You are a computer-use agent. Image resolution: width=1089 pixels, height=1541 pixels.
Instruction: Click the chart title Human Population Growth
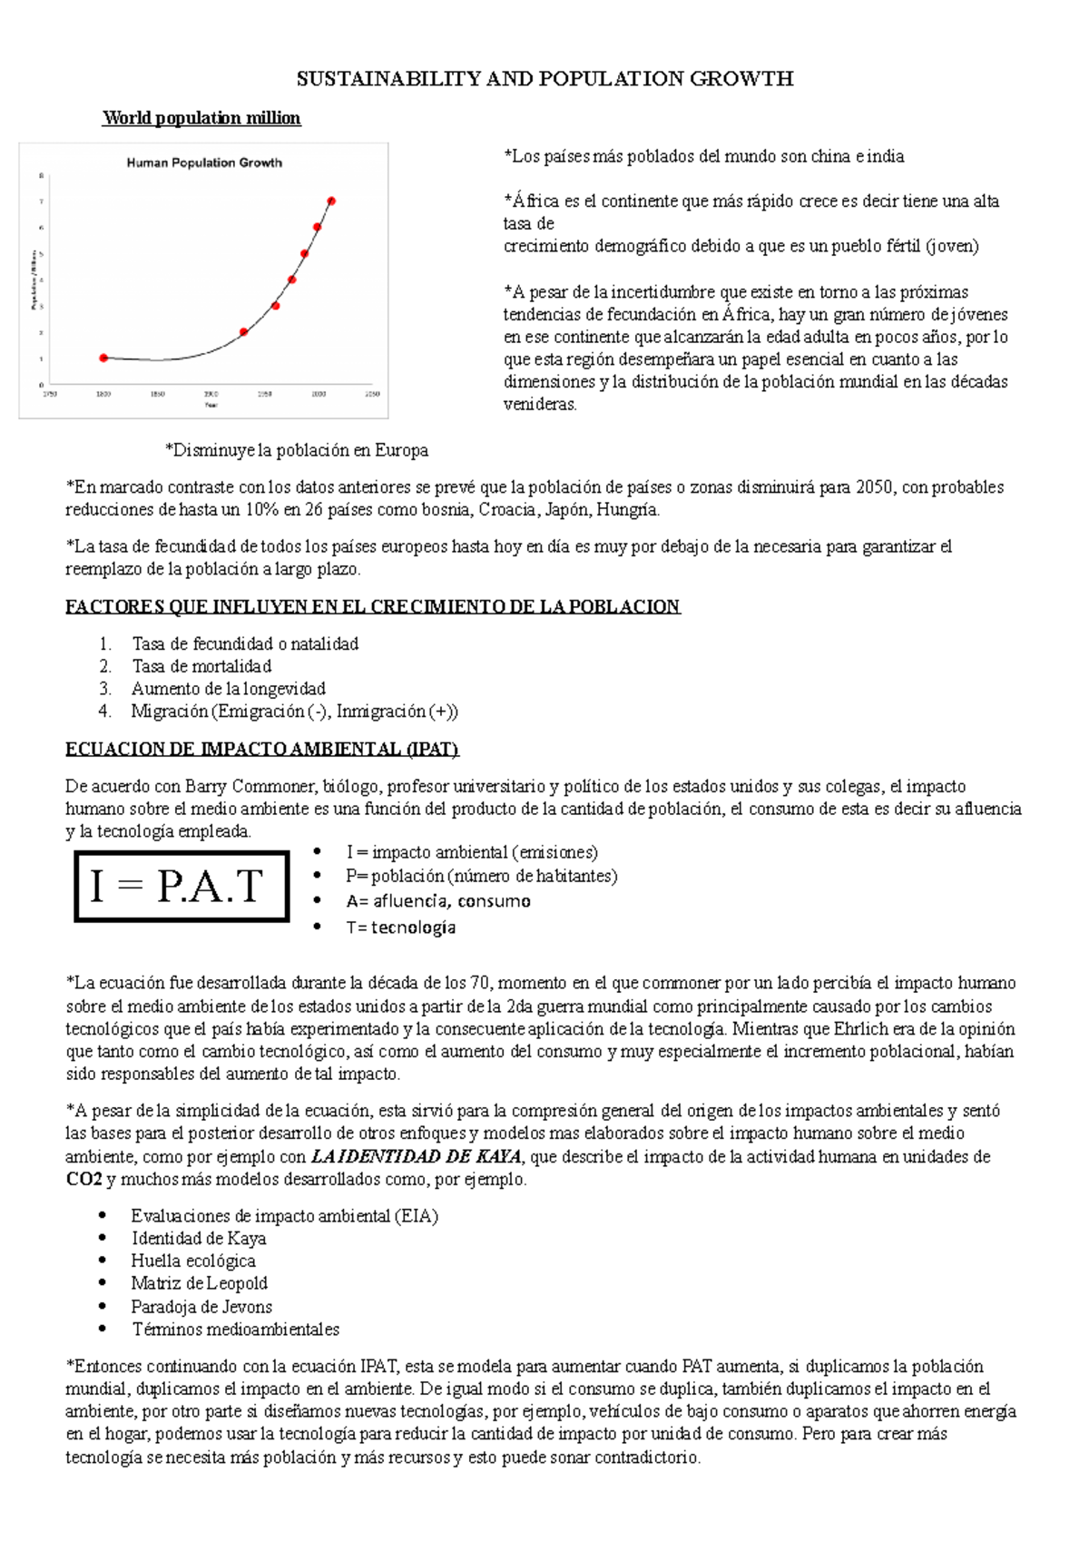[204, 163]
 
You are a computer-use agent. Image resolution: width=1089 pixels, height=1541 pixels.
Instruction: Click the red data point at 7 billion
[331, 201]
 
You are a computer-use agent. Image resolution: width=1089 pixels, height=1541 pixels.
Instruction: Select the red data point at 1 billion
[103, 358]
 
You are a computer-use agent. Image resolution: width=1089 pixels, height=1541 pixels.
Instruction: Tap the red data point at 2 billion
[243, 332]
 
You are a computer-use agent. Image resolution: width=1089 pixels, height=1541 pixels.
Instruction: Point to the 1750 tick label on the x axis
[51, 394]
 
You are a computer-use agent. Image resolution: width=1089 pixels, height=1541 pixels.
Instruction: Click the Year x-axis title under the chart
[211, 405]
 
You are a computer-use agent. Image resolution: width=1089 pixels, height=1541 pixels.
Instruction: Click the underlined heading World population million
[201, 118]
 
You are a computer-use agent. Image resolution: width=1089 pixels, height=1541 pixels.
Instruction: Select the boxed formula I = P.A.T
[181, 886]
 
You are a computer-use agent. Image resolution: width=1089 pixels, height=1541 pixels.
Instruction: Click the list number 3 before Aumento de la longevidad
[105, 689]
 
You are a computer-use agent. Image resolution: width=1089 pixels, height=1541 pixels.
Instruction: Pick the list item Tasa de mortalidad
[201, 666]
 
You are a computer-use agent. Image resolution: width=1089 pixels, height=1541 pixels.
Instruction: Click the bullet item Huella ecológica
[193, 1261]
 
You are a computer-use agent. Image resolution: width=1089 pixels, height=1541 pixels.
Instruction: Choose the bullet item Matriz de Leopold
[199, 1283]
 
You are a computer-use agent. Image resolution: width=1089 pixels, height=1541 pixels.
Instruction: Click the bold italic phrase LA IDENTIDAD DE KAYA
[416, 1156]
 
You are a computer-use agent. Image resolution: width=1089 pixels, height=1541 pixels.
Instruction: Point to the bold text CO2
[83, 1179]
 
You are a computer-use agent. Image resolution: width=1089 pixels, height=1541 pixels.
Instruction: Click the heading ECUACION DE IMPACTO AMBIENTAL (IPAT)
[261, 749]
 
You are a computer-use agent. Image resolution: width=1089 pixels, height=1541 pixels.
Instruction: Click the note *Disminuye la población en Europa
[296, 450]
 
